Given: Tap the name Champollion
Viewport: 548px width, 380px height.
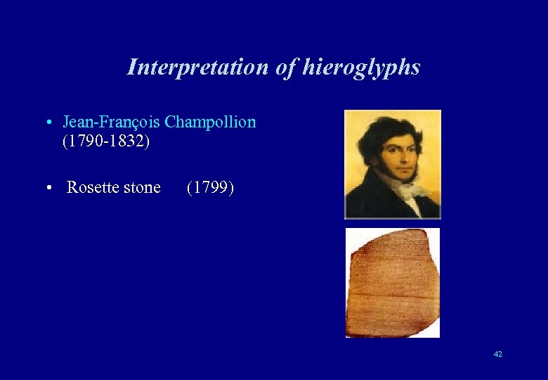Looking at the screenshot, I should click(x=210, y=122).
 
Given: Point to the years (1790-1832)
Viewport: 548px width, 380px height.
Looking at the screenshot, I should click(x=106, y=141).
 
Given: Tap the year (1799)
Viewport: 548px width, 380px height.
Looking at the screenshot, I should click(x=210, y=188).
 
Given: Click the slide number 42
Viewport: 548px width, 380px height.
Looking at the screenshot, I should click(x=497, y=354).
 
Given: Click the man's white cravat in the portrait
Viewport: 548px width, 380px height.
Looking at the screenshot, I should click(x=407, y=190).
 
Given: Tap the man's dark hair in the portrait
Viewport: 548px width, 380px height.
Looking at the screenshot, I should click(x=383, y=127).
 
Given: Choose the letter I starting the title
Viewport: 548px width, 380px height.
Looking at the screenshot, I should click(x=131, y=68).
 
